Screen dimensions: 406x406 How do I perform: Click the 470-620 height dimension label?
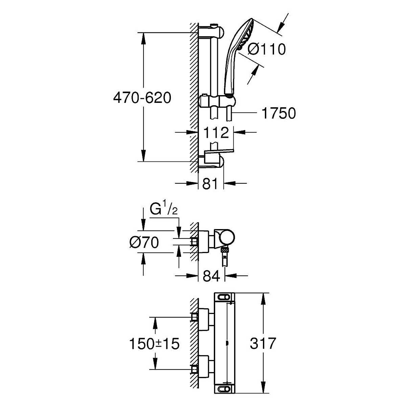pos(142,98)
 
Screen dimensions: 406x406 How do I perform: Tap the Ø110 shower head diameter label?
pos(267,49)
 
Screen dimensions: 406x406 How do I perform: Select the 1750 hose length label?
pos(279,113)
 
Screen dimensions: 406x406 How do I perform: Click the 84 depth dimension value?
pos(211,276)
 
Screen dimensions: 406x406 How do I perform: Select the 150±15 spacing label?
pos(154,344)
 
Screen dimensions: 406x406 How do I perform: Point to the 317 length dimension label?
pos(263,344)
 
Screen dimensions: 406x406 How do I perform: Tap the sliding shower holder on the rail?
pos(217,101)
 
